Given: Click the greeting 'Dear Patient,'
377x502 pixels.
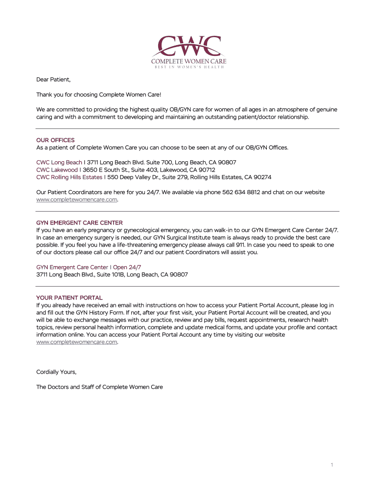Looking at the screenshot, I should coord(54,79).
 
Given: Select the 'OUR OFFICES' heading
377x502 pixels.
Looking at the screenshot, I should coord(55,140).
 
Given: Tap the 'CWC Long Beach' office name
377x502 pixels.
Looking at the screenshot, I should coord(59,162).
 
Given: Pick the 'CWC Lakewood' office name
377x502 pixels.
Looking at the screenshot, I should coord(57,170).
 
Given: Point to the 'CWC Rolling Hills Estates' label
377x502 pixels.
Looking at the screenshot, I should coord(69,177).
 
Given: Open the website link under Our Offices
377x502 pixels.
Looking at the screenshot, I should coord(77,200).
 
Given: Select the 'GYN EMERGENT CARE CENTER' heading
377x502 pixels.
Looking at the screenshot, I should coord(79,223).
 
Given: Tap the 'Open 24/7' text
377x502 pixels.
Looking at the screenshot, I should coord(127,267).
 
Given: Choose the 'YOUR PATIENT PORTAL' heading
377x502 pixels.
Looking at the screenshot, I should coord(70,298).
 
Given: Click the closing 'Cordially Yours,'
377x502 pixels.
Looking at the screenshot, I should coord(56,372).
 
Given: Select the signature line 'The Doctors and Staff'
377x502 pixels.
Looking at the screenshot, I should coord(99,387).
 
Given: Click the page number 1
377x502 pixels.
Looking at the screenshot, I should coord(331,465).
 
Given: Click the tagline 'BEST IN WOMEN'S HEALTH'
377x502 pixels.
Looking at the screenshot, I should coord(188,67).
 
